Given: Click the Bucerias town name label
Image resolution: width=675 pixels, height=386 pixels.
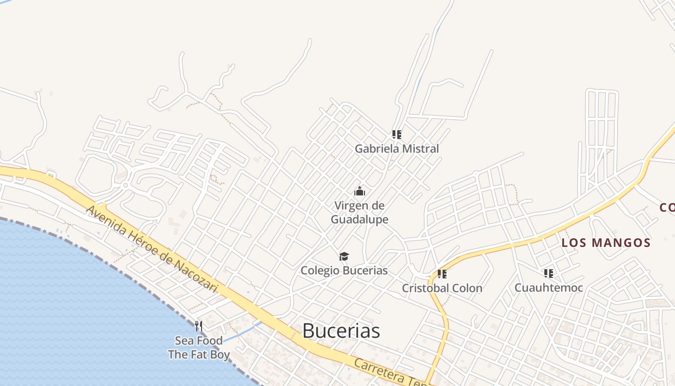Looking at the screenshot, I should [341, 331].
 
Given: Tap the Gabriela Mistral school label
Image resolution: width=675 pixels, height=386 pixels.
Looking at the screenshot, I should [397, 149].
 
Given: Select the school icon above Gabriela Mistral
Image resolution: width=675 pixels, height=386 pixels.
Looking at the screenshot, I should [396, 134].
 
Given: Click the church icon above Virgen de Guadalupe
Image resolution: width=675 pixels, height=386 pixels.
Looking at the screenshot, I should [360, 192].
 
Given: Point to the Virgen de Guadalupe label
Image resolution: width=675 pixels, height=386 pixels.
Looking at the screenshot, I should [360, 212].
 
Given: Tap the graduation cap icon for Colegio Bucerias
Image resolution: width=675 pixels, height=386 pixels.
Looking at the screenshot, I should [344, 256].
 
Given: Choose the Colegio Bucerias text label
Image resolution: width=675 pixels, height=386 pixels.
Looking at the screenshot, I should [344, 270].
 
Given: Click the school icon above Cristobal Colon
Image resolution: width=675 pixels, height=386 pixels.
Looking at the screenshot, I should [442, 274].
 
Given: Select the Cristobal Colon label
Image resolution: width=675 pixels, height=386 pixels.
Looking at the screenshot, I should [442, 288].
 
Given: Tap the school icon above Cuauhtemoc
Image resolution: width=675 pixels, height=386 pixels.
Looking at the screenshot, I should [548, 274].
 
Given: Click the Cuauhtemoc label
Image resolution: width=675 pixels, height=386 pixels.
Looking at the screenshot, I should [549, 288].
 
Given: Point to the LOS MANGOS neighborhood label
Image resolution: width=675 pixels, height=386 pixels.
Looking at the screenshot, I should [606, 243].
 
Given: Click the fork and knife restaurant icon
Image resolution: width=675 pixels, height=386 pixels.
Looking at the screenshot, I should [198, 326].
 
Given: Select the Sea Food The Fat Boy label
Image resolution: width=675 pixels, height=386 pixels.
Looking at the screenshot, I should [199, 348].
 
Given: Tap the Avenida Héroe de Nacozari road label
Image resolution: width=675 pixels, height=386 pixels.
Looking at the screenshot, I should [152, 249].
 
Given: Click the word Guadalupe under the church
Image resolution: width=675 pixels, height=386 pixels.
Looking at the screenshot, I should [360, 219].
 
